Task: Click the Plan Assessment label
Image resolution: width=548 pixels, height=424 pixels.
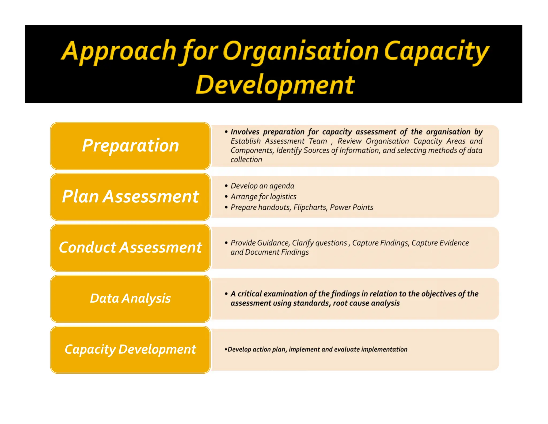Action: tap(130, 196)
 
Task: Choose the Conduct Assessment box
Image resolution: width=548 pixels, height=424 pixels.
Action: tap(130, 247)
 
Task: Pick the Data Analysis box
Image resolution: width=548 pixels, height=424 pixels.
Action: tap(130, 298)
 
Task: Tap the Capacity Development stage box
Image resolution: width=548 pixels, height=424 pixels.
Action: tap(130, 349)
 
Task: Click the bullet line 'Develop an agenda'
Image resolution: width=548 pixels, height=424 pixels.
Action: tap(262, 186)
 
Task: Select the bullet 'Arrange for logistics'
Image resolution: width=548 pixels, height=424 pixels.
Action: tap(263, 196)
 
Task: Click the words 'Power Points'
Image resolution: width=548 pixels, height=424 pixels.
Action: tap(351, 207)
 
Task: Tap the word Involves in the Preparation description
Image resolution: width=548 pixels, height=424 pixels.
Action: tap(245, 132)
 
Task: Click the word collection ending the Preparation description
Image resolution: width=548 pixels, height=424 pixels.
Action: tap(246, 159)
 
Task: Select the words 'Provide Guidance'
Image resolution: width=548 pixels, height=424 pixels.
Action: tap(260, 243)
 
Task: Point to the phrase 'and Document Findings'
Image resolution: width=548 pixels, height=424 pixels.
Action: tap(269, 252)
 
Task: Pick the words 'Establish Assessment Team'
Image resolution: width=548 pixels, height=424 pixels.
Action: tap(279, 141)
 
